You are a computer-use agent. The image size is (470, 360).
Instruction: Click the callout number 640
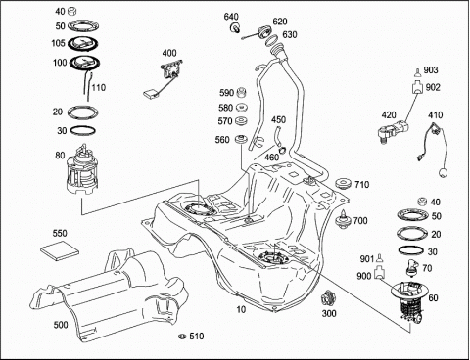click(231, 16)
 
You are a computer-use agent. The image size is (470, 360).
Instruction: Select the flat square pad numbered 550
click(60, 249)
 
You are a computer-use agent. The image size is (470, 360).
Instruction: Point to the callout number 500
click(61, 325)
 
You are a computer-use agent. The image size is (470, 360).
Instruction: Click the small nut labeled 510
click(182, 336)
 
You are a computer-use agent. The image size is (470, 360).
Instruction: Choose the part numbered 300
click(328, 298)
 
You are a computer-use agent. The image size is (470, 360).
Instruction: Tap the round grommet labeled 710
click(343, 184)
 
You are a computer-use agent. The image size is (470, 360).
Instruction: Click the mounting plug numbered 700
click(343, 219)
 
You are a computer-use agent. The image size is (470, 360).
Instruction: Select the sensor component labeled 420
click(392, 130)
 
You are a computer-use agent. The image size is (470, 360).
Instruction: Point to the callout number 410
click(435, 115)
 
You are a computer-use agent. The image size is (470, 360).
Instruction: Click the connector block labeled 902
click(416, 87)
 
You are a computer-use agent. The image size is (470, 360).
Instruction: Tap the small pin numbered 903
click(417, 72)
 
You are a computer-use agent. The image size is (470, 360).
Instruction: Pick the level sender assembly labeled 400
click(164, 77)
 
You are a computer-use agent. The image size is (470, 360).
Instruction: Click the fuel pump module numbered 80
click(82, 170)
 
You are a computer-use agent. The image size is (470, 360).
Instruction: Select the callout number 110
click(98, 87)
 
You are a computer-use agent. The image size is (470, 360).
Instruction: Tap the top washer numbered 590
click(241, 92)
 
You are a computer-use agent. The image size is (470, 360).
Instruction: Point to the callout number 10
click(241, 309)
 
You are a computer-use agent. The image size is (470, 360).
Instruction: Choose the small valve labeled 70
click(411, 267)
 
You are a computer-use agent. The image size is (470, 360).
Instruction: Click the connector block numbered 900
click(379, 273)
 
